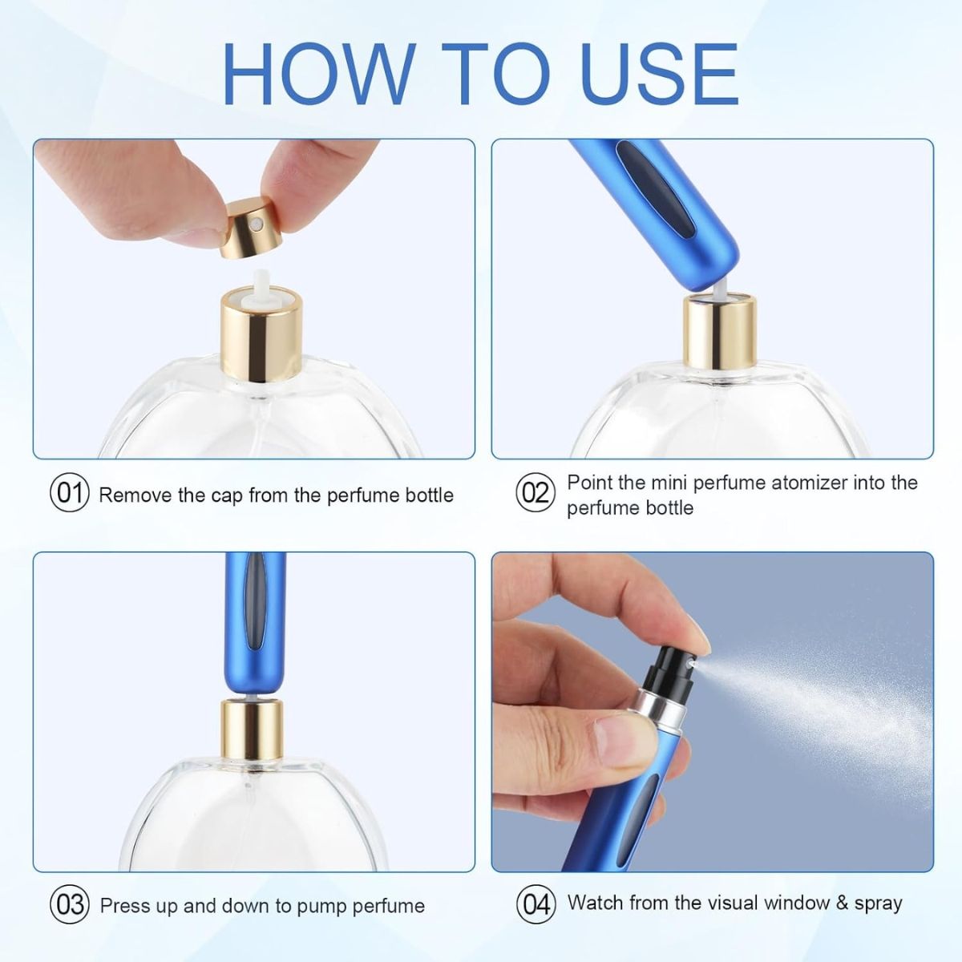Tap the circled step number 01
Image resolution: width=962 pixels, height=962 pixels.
click(70, 493)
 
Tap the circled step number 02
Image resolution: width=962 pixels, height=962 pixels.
click(535, 493)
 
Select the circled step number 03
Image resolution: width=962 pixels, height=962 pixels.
click(70, 906)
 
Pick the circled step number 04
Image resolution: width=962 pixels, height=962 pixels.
click(535, 904)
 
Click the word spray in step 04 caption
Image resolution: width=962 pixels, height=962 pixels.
click(879, 903)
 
